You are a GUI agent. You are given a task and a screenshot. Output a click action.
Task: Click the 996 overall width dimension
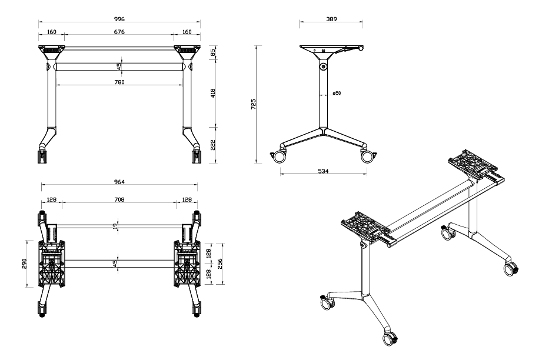click(119, 19)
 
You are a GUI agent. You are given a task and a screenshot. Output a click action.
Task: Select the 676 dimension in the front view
click(119, 32)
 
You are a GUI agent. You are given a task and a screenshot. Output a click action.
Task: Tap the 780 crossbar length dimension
click(119, 82)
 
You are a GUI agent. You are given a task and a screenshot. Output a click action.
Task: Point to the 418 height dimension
click(214, 92)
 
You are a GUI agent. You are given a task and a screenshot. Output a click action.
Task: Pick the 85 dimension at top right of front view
click(214, 52)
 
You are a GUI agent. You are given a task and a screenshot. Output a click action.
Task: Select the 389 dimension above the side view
click(331, 19)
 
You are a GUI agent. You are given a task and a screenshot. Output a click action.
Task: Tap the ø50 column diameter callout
click(337, 93)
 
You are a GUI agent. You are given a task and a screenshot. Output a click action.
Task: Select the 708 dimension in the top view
click(119, 200)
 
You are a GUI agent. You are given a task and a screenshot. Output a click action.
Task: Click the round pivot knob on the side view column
click(324, 68)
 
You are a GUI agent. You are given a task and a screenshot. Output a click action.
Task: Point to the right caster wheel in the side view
click(369, 156)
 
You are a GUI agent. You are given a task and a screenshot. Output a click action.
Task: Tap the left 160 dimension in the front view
click(52, 32)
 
